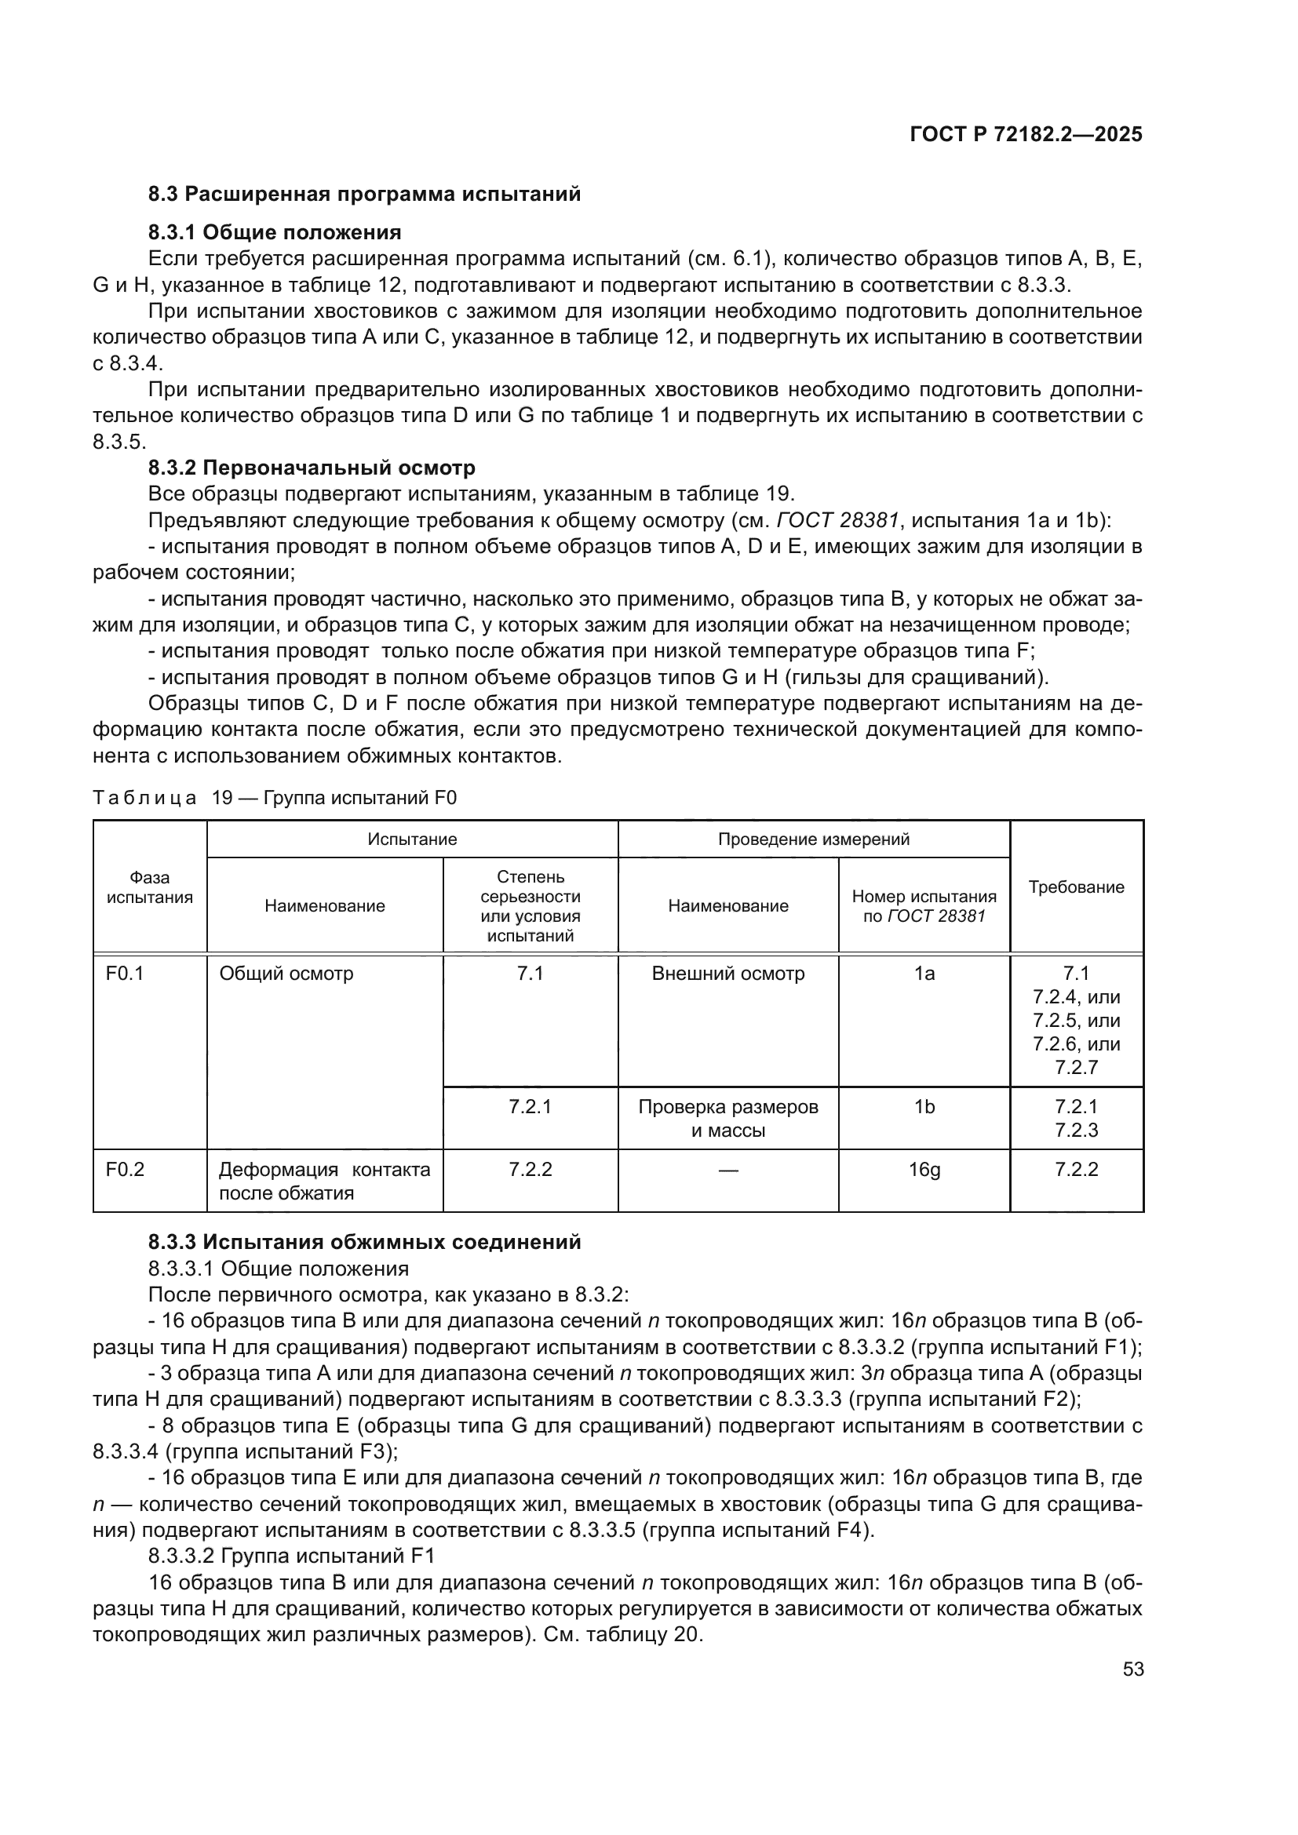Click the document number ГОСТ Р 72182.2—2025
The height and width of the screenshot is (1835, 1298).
pos(1026,134)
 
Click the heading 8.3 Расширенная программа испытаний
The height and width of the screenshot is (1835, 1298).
pos(364,195)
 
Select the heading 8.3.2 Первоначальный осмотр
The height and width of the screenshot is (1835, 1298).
pos(312,468)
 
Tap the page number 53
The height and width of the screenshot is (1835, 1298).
pos(1132,1669)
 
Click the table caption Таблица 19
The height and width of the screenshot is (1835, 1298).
pos(275,798)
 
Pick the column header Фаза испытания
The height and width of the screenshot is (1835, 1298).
pos(149,887)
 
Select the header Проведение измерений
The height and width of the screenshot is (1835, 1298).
pos(813,839)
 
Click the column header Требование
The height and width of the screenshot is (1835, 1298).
pos(1076,887)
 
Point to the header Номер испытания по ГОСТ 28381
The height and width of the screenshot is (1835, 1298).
pos(924,906)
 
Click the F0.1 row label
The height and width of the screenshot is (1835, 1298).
pos(125,974)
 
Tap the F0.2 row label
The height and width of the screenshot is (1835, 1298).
pos(125,1170)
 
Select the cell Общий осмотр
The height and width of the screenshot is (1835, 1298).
pos(286,974)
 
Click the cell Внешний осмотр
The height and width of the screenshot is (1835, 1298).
pos(728,974)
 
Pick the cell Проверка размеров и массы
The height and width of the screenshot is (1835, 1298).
pos(728,1118)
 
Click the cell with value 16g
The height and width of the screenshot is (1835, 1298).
pos(924,1170)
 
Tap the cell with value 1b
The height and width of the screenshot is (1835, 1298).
pos(924,1107)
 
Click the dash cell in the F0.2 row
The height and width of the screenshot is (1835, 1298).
pos(728,1171)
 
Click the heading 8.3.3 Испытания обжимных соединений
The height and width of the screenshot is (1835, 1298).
pos(364,1242)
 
